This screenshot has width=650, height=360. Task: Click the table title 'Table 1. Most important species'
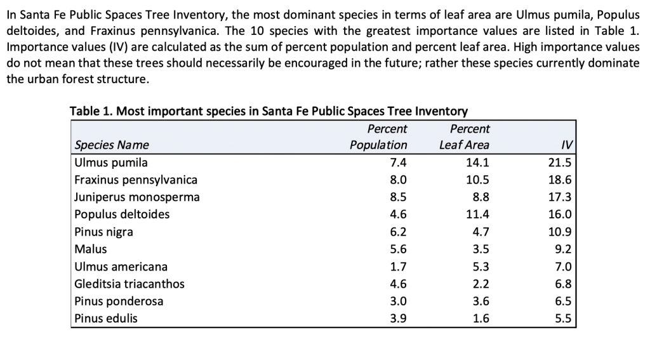(x=268, y=112)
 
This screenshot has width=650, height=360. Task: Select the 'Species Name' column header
(x=112, y=145)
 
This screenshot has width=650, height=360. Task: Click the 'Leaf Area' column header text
(x=464, y=145)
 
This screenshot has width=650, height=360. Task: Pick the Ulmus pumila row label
(x=111, y=163)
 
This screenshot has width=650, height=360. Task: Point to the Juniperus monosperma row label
(x=137, y=197)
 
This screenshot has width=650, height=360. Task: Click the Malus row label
(x=91, y=249)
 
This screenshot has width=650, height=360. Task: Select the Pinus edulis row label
(x=106, y=319)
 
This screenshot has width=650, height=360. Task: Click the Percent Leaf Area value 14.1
(x=477, y=163)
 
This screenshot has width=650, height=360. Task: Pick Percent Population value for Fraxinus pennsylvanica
(x=397, y=180)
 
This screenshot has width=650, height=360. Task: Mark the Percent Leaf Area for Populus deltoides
(x=477, y=215)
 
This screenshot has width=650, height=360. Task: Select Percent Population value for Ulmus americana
(x=397, y=267)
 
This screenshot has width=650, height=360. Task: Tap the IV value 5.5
(x=563, y=319)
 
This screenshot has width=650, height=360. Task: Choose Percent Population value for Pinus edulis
(x=397, y=319)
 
